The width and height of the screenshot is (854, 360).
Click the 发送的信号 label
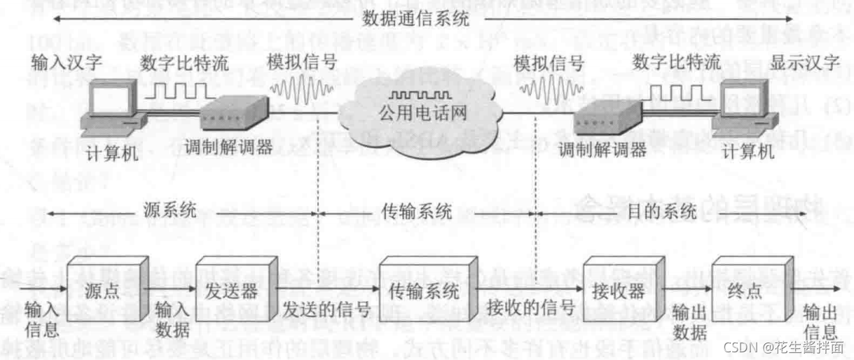pos(326,309)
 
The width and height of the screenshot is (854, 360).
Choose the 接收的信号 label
pos(530,309)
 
